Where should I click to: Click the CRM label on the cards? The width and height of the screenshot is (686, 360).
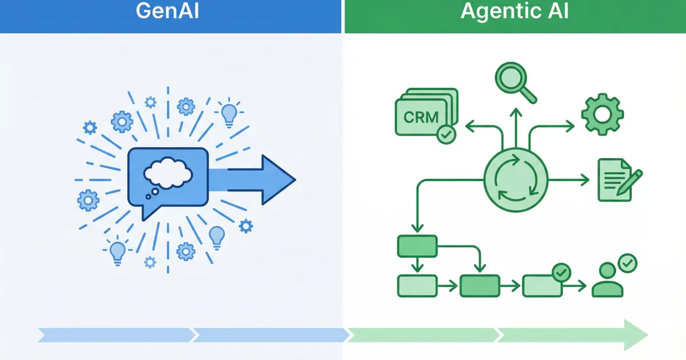421,118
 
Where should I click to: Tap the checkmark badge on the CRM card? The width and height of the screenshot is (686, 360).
445,135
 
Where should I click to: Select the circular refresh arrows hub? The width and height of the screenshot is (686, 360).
516,180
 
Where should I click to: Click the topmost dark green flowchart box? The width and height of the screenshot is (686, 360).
417,246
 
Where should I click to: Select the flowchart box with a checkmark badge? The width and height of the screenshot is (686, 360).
542,285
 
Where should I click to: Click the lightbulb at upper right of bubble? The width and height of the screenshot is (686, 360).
229,113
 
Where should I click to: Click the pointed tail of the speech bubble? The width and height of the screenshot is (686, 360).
144,216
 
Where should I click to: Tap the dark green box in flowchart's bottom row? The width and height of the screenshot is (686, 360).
480,285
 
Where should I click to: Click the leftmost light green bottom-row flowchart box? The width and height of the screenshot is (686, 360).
417,285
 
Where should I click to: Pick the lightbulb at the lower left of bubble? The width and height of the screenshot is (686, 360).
117,251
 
